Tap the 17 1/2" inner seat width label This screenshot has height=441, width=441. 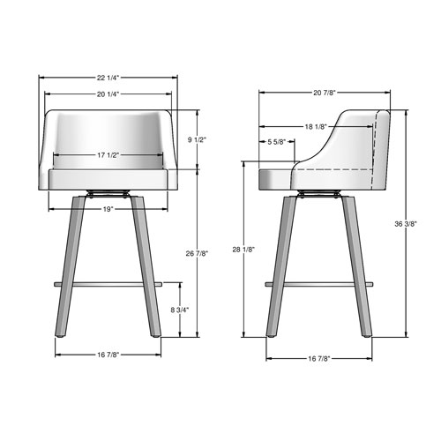[x=108, y=156]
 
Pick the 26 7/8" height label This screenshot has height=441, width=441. [x=198, y=255]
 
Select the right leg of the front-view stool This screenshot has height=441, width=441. [x=146, y=265]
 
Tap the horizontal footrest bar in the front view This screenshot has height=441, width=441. [x=108, y=284]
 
